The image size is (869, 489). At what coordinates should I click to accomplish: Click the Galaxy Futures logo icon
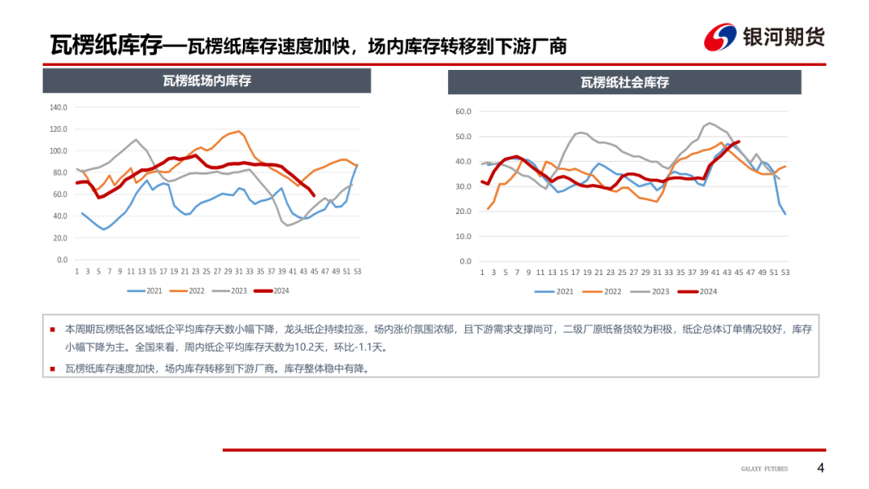point(721,38)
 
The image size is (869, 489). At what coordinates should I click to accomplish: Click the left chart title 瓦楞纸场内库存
point(207,80)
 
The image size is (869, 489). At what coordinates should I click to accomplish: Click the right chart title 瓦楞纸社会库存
point(624,82)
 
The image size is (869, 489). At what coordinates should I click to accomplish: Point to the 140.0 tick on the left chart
point(58,107)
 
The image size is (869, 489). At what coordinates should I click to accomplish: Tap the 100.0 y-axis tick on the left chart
point(58,151)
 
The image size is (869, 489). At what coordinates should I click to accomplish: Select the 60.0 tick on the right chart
point(463,112)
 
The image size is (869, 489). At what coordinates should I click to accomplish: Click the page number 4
point(821,468)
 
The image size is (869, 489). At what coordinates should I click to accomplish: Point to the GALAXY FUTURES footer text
point(764,469)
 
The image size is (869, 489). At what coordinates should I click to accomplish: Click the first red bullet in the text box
point(53,329)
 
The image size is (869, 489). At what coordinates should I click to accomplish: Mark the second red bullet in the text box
point(53,368)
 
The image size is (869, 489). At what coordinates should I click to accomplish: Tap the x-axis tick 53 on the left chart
point(357,271)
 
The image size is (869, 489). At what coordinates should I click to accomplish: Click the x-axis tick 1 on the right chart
point(481,273)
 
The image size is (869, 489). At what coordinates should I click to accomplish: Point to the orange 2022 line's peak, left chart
point(240,131)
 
